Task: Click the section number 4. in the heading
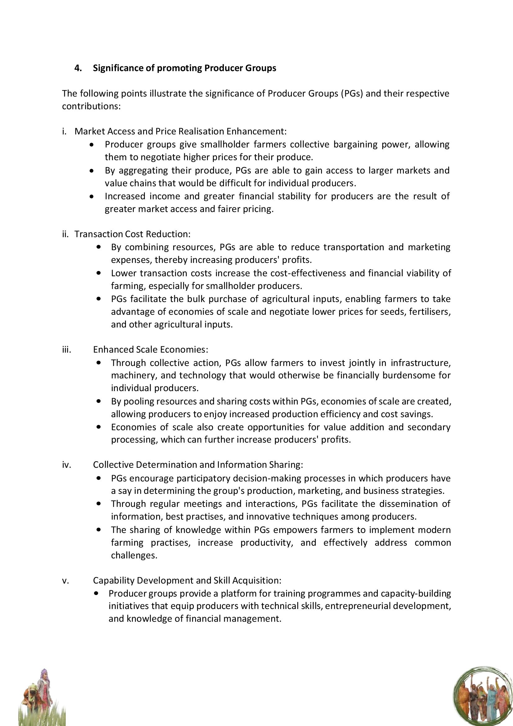[x=78, y=68]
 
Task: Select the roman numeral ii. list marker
[x=65, y=234]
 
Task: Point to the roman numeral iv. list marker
[x=66, y=465]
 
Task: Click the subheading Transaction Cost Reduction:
[x=133, y=234]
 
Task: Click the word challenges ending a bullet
[x=134, y=556]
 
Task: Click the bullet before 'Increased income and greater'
[x=91, y=197]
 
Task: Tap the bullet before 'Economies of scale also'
[x=100, y=427]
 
